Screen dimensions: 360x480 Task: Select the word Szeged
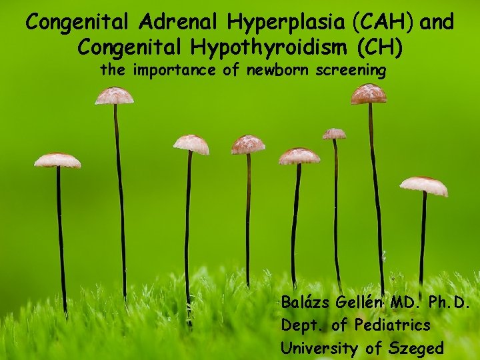(420, 347)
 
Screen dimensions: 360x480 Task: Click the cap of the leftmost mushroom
(57, 160)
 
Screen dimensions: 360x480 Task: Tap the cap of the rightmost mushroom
(424, 185)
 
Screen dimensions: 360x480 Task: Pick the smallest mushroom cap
(334, 134)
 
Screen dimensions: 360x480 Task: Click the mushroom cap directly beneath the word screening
(369, 93)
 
